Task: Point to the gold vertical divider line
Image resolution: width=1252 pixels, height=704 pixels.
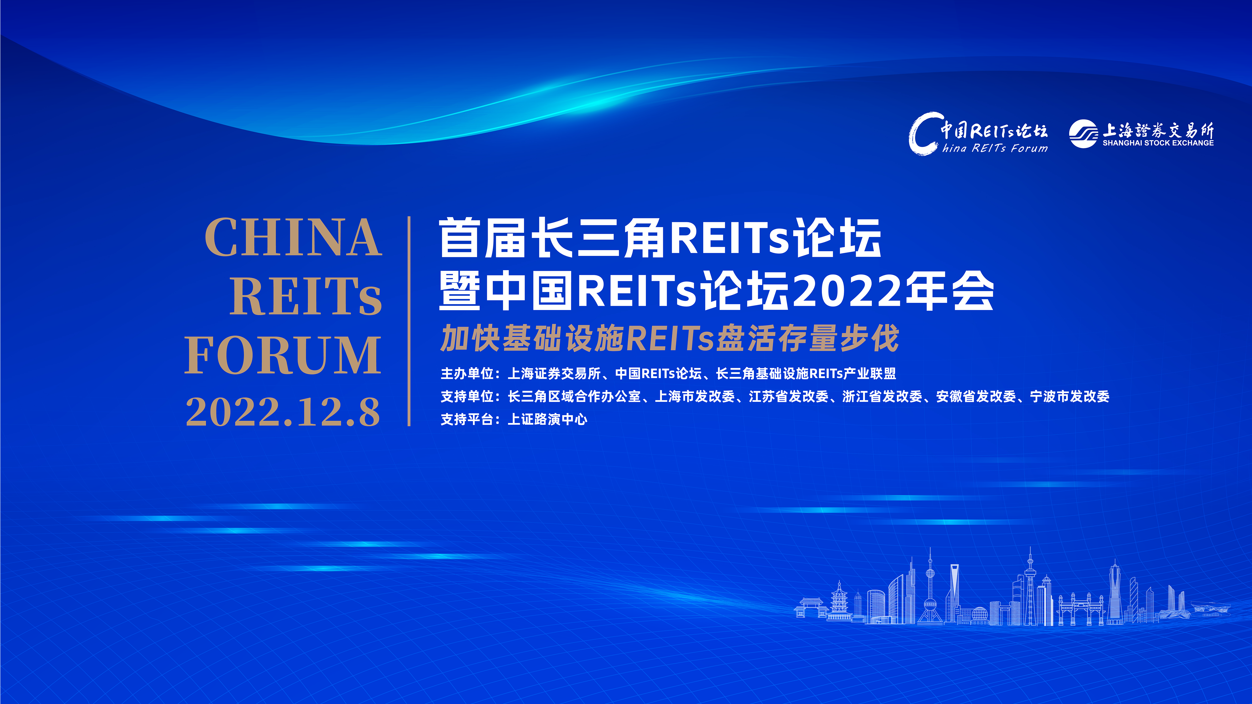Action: pos(409,321)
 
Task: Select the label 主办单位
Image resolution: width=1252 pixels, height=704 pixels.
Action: pos(467,374)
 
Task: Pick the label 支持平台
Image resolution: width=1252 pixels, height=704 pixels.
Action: pos(467,419)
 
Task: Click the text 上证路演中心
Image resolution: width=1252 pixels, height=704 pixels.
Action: pos(547,419)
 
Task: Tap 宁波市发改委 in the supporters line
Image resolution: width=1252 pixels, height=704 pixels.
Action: pos(1070,396)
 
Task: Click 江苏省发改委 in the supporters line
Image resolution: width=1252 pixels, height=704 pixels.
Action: pos(788,396)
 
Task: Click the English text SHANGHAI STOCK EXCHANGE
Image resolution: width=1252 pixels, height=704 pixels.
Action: pos(1158,143)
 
